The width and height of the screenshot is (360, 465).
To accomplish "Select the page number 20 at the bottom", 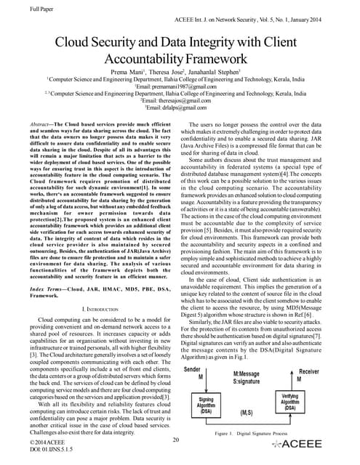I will (x=177, y=440).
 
